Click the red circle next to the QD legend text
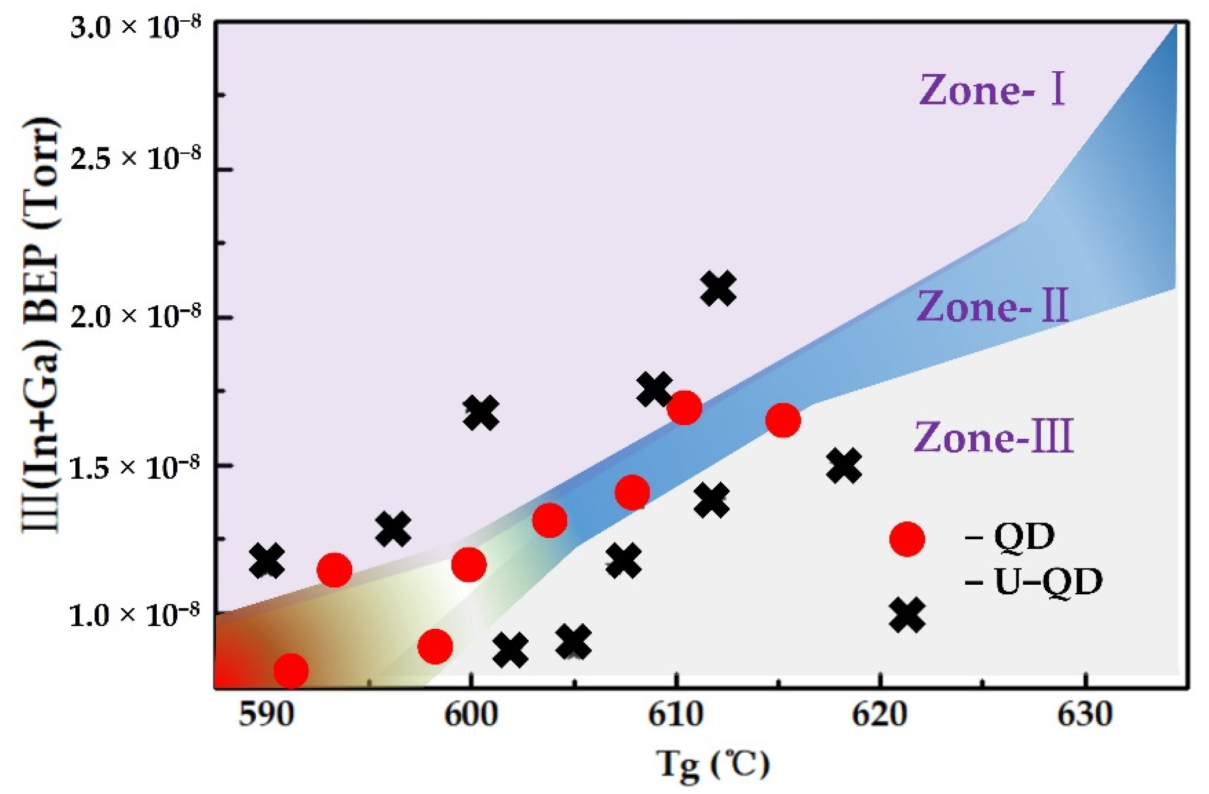point(907,539)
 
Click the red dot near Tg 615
point(783,420)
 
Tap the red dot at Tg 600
point(469,565)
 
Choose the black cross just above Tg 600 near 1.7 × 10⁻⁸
point(481,412)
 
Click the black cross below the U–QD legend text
point(907,615)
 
